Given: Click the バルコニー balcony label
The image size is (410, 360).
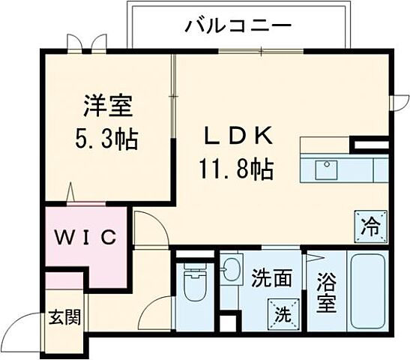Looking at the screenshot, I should [x=238, y=26].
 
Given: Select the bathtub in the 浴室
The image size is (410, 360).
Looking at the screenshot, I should [x=367, y=292].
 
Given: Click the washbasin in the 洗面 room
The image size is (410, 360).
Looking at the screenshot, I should [x=231, y=268].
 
